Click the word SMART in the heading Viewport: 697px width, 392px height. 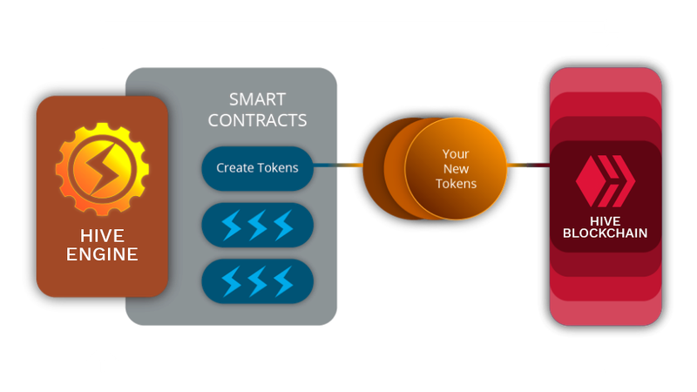pos(257,99)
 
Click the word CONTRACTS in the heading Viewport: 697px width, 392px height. pos(257,120)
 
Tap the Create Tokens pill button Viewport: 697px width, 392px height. pos(257,168)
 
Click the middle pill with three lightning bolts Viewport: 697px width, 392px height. pos(257,225)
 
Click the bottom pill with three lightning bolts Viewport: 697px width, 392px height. pos(257,281)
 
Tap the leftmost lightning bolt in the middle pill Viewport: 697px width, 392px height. pos(231,226)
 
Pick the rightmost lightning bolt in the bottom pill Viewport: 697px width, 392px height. pos(284,281)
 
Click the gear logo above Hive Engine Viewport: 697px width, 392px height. pos(102,169)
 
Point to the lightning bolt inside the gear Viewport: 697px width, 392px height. pos(103,169)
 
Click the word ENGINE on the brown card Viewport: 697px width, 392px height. pos(102,254)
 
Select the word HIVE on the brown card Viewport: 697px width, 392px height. pos(102,235)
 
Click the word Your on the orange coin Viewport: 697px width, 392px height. pos(456,154)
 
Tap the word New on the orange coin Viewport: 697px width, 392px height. pos(456,169)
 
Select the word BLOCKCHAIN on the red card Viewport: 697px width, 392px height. pos(605,233)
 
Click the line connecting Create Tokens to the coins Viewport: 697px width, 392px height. pos(338,166)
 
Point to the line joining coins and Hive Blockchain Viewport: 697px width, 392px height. pos(529,166)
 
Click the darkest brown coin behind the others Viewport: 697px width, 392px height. pos(376,169)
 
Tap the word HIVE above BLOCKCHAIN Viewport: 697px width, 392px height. pos(605,221)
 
